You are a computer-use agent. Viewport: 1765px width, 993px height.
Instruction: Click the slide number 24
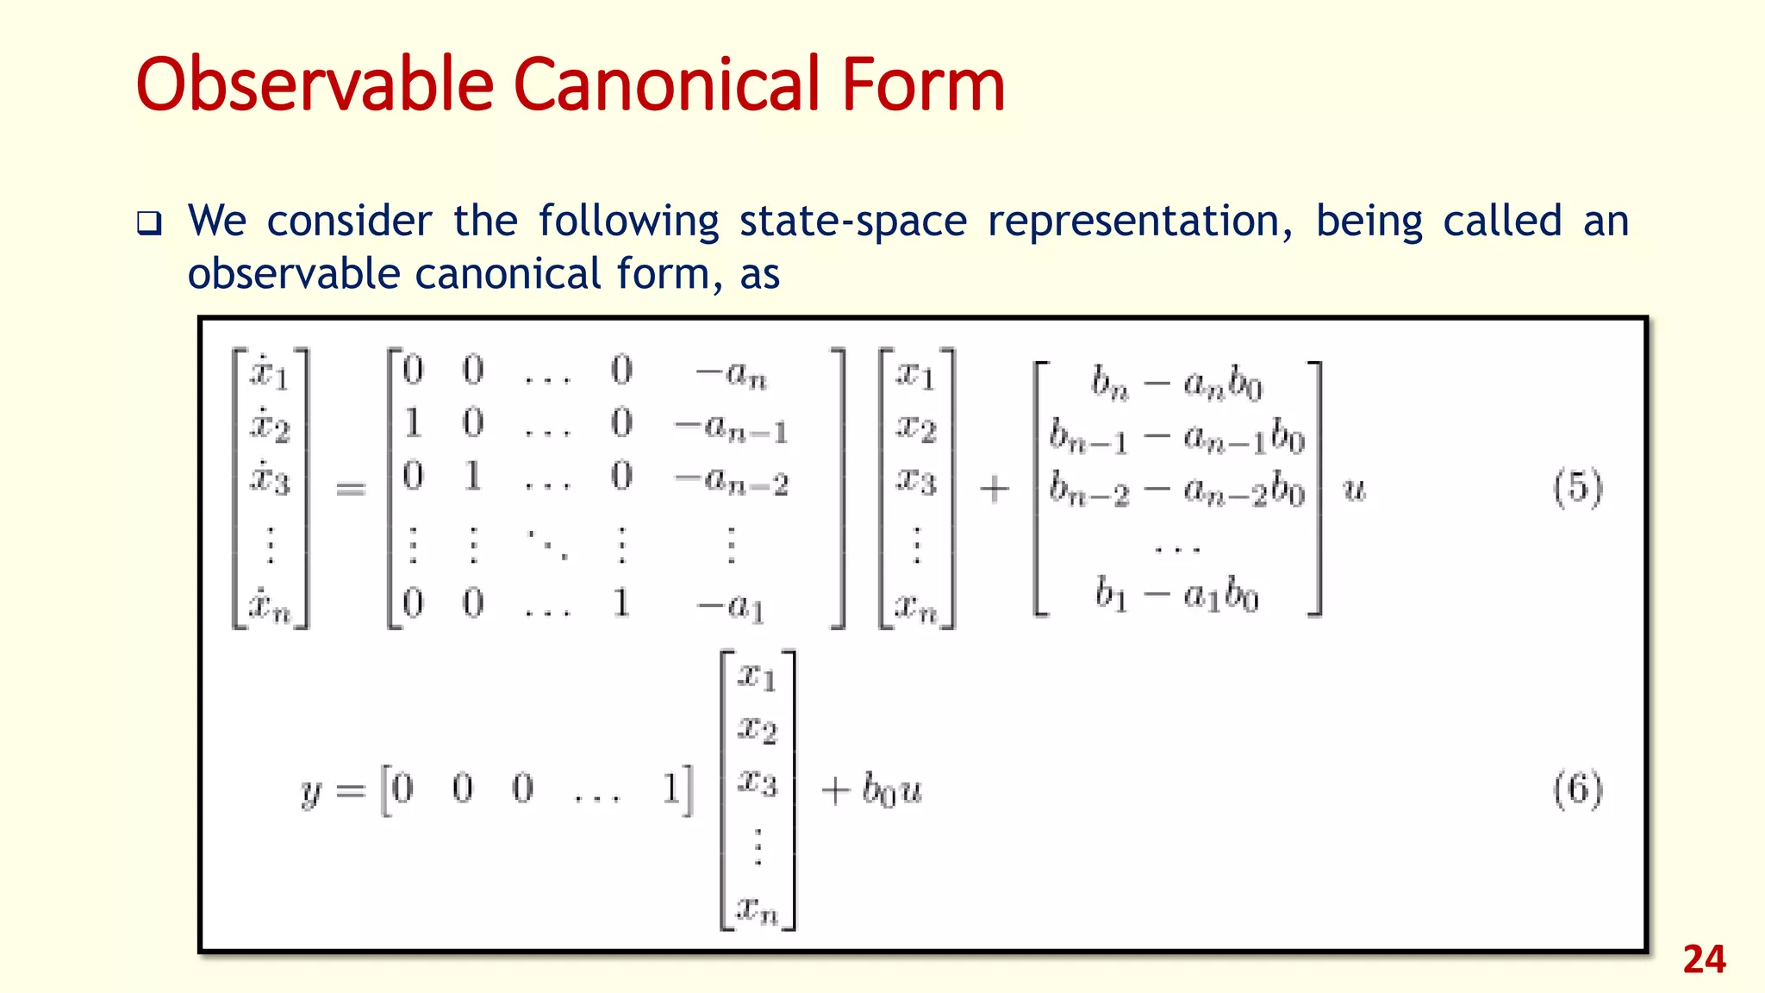click(x=1704, y=960)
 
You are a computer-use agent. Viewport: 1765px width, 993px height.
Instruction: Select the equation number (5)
click(x=1577, y=488)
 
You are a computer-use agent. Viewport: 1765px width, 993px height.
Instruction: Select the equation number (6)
click(x=1577, y=789)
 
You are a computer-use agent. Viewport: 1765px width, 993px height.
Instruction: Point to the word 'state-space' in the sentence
click(x=853, y=222)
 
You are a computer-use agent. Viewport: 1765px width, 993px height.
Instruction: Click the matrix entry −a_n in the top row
click(x=731, y=373)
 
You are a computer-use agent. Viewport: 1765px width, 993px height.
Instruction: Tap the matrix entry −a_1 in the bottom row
click(x=731, y=605)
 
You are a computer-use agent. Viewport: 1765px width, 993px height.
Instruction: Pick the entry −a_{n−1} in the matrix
click(x=731, y=427)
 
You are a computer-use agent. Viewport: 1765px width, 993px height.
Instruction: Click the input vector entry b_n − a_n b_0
click(x=1176, y=383)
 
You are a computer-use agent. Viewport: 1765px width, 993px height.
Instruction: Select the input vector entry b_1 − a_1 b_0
click(x=1176, y=595)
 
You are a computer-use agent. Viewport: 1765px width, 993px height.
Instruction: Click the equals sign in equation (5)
click(x=350, y=490)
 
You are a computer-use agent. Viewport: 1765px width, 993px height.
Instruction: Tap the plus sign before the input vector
click(x=994, y=490)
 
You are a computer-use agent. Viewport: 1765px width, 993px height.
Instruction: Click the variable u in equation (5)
click(x=1354, y=490)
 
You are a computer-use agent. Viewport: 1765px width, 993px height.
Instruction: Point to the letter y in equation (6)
click(x=311, y=790)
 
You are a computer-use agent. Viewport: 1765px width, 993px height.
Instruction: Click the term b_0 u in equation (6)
click(x=892, y=790)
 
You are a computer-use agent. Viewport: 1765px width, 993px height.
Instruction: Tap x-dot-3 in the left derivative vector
click(x=270, y=478)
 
